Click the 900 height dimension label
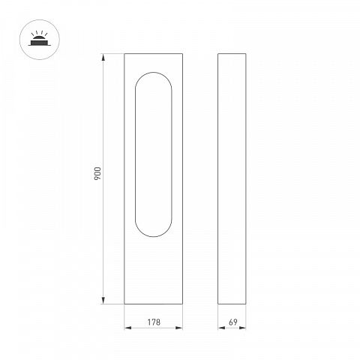pos(97,173)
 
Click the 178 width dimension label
pos(154,322)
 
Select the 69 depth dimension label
pos(233,322)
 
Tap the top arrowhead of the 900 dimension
pos(103,57)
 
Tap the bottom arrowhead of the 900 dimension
pos(103,300)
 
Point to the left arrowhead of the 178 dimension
pos(128,328)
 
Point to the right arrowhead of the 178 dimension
pos(178,328)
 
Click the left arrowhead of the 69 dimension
pos(221,328)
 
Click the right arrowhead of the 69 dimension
pos(242,328)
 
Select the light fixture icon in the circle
pos(40,39)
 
